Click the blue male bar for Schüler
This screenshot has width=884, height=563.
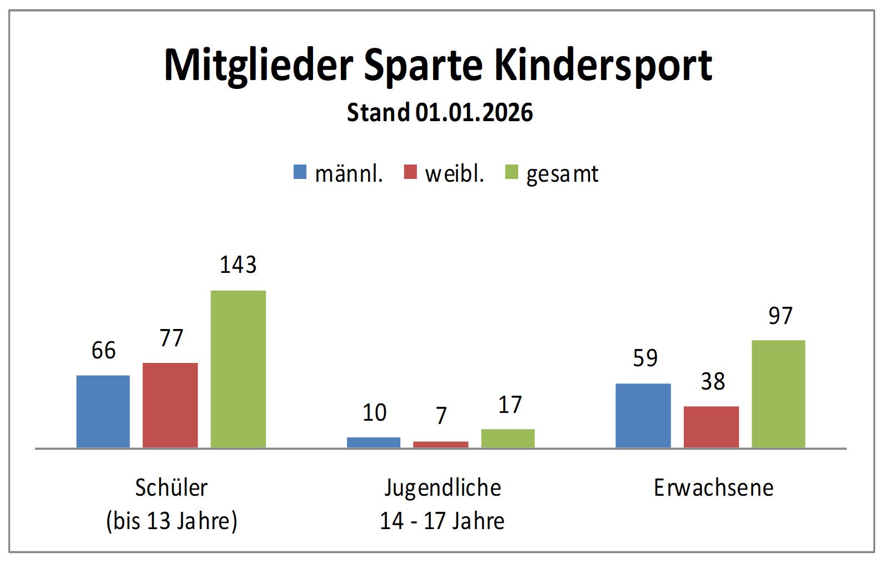pos(103,411)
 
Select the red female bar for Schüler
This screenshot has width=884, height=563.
pos(170,405)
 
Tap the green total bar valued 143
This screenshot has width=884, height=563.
pos(238,369)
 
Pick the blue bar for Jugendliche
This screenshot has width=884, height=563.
pos(374,442)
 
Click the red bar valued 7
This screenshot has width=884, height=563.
pos(440,445)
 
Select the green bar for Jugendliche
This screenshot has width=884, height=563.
pos(508,439)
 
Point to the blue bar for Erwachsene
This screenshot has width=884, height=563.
pos(643,416)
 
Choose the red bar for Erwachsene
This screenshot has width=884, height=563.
pos(711,427)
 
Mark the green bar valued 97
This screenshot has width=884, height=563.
pos(778,394)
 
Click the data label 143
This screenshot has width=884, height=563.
pos(238,265)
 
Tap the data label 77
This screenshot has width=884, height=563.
pos(171,338)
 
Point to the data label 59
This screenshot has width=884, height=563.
pos(645,358)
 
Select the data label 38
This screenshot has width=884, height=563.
pos(713,382)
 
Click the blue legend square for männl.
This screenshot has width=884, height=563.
pos(300,172)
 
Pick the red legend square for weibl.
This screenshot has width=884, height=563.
pos(410,172)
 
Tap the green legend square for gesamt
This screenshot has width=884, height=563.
pos(511,172)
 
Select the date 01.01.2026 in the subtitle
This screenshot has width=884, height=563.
pos(474,113)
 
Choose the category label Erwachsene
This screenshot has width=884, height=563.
pos(713,488)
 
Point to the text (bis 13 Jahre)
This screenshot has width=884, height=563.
pos(172,521)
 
